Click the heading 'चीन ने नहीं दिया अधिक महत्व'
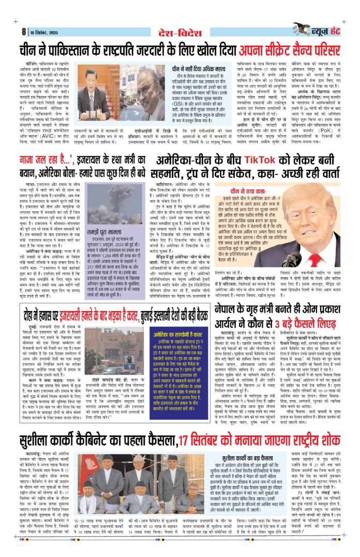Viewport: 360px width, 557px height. pos(199,67)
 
